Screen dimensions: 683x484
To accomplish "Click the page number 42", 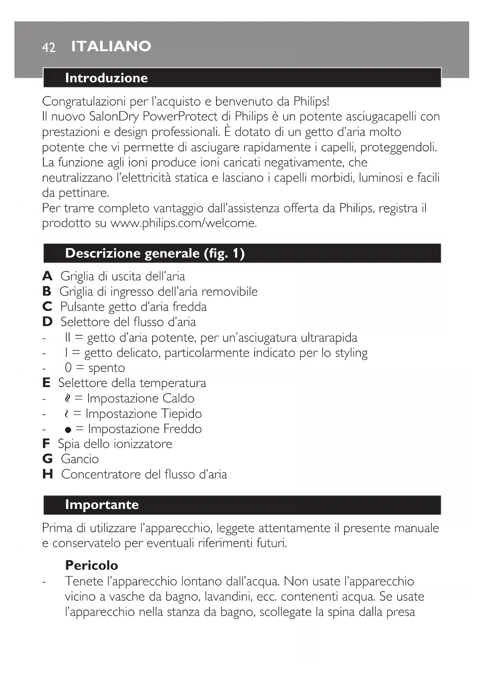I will pos(49,47).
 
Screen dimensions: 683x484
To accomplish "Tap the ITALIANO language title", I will pos(111,46).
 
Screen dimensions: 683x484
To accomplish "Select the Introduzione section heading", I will pos(106,78).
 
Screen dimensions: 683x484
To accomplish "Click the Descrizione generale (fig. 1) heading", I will pos(155,253).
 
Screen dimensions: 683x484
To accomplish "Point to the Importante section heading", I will pos(102,505).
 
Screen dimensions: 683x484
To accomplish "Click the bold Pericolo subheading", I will pos(91,565).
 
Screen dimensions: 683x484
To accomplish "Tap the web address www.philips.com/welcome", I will pos(183,224).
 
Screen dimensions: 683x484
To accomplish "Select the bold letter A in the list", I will pos(47,276).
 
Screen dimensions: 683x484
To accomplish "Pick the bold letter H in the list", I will pos(48,474).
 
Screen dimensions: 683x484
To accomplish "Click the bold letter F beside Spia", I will pos(46,444).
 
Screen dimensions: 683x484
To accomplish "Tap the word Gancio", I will pos(80,459).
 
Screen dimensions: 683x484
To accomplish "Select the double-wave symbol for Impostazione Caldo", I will pos(68,398).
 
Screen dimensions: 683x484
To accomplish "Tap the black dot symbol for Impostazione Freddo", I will pos(68,430).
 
